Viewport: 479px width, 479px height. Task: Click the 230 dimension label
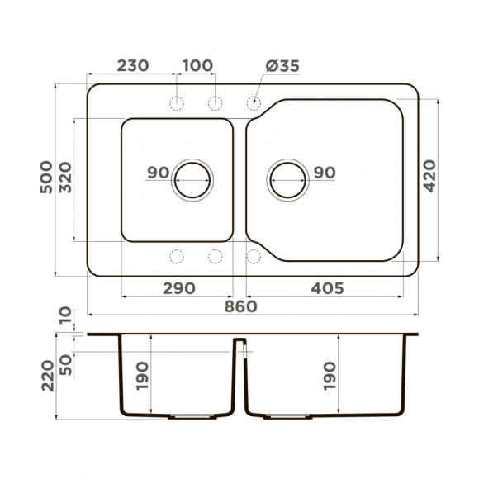132,66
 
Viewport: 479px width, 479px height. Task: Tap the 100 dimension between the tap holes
197,66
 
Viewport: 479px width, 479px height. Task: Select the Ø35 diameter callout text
282,66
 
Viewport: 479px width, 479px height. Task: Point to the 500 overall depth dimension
46,178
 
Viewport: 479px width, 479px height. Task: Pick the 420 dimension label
431,176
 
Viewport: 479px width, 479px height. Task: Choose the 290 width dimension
178,288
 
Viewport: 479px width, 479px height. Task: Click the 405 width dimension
326,288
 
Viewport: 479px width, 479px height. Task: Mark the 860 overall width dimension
240,306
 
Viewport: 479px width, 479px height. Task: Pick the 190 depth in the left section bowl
143,377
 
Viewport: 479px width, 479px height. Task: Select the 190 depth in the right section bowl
330,377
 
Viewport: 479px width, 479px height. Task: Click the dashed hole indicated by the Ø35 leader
254,102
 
